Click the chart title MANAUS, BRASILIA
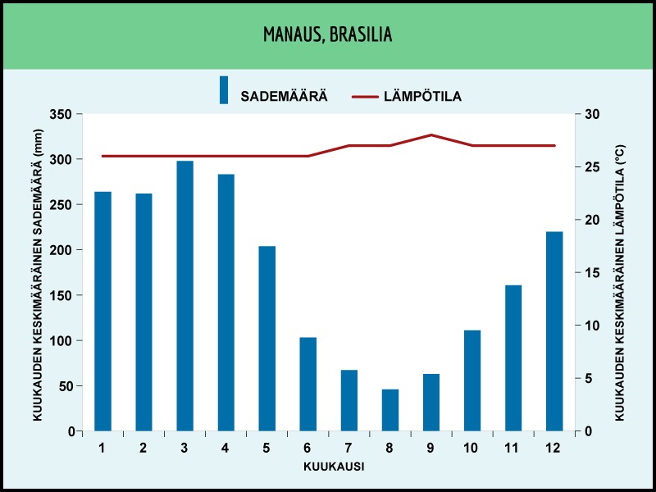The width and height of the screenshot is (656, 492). tap(327, 34)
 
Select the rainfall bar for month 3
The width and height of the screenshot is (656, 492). tap(185, 296)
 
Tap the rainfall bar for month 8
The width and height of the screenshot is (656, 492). tap(390, 410)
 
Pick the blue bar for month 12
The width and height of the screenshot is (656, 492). tap(555, 331)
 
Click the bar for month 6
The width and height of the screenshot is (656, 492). tap(308, 384)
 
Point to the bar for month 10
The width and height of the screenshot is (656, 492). tap(472, 380)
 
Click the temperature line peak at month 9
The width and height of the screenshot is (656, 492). tap(431, 134)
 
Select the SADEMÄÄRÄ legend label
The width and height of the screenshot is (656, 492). tap(284, 96)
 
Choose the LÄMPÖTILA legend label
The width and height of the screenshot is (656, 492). tap(423, 96)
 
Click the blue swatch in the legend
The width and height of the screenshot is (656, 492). tap(224, 90)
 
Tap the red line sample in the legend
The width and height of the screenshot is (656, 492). tap(365, 97)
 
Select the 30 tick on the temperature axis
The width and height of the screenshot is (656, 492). tap(591, 114)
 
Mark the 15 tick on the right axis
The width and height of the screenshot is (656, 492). tap(591, 273)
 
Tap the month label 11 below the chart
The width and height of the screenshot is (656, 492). tap(512, 448)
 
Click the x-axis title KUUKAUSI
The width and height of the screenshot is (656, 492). tap(334, 467)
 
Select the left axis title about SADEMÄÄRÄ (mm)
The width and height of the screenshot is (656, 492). tap(38, 275)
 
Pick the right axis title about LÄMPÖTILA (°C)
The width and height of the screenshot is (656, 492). tap(620, 283)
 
